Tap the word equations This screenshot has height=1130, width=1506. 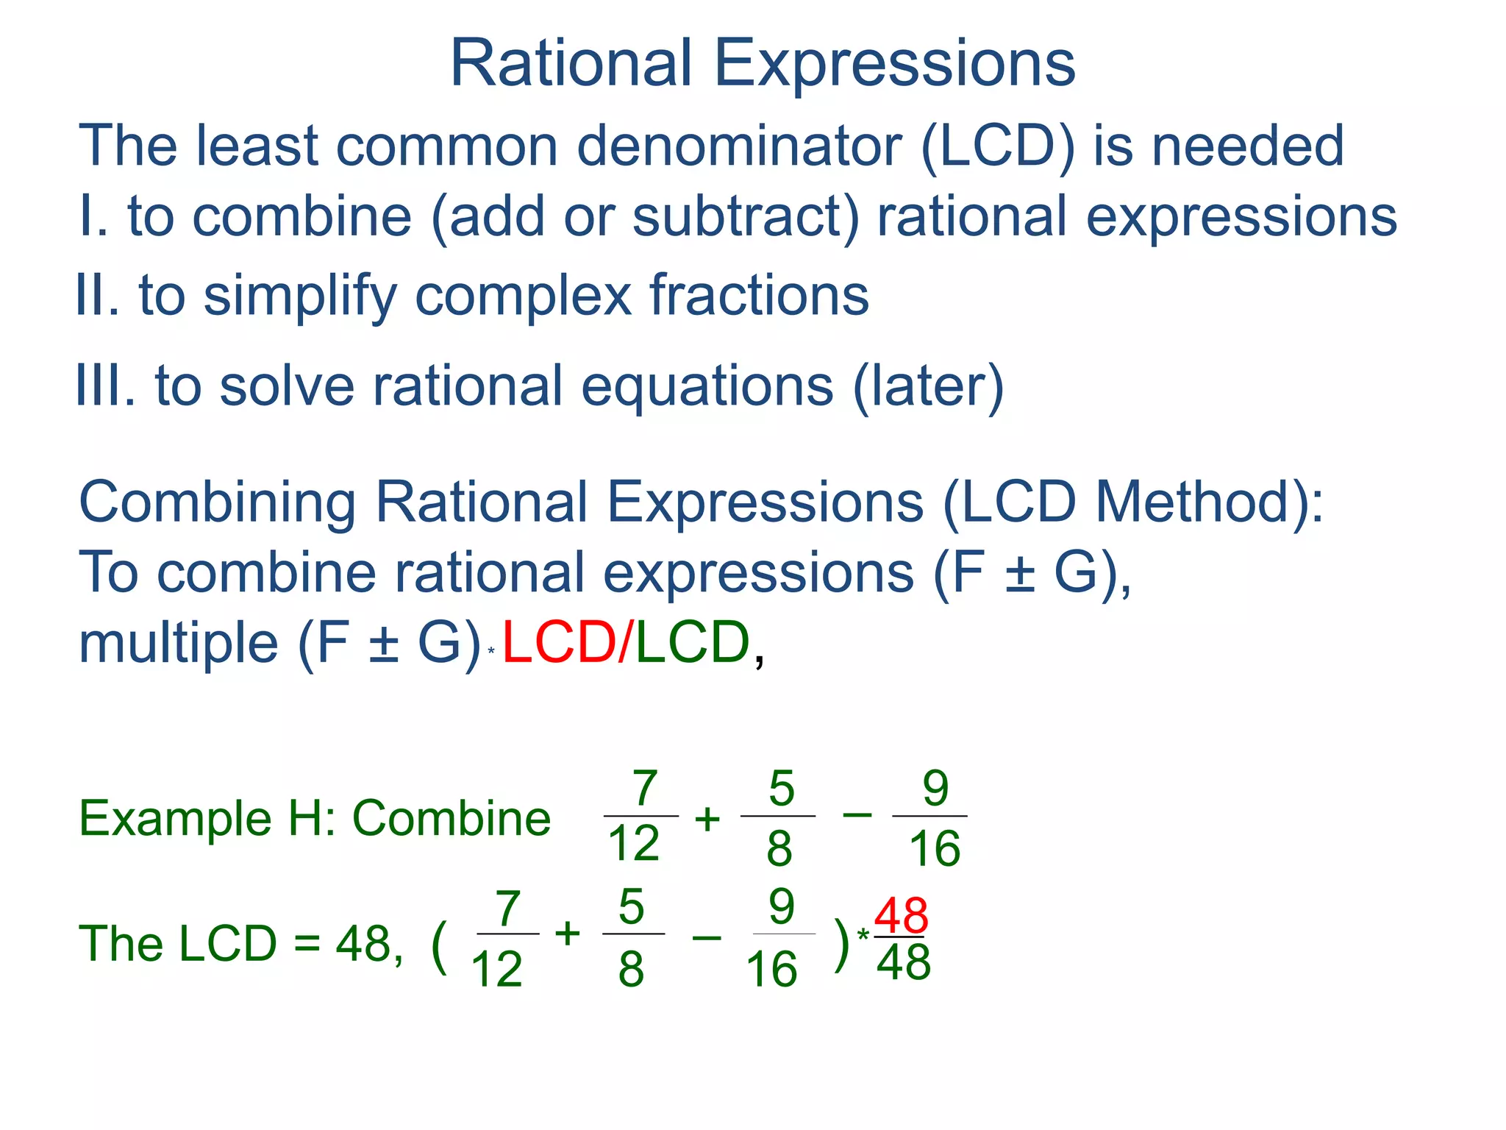pyautogui.click(x=707, y=387)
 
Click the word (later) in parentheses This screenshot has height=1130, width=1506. pyautogui.click(x=928, y=387)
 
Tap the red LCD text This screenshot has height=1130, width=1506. pyautogui.click(x=559, y=643)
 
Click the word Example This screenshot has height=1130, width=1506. pyautogui.click(x=175, y=818)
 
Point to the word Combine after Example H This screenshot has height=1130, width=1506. pyautogui.click(x=452, y=818)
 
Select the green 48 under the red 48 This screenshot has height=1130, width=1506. pyautogui.click(x=903, y=962)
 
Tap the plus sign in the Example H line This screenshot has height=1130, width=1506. pyautogui.click(x=707, y=819)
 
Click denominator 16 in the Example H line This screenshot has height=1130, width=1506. pyautogui.click(x=935, y=847)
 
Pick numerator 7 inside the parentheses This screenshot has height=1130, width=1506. pyautogui.click(x=508, y=909)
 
